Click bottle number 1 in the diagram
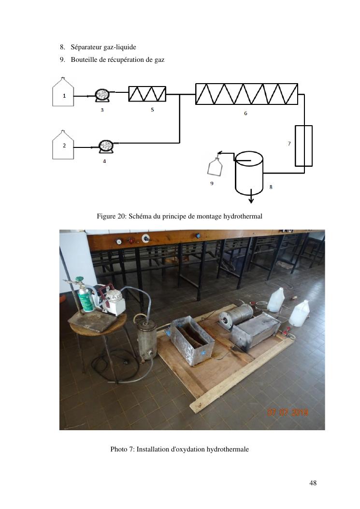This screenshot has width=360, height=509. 63,92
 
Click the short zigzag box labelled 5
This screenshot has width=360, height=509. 147,94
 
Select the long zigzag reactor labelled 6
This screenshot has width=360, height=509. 246,94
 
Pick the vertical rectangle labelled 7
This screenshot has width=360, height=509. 303,146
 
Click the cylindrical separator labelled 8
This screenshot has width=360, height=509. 249,173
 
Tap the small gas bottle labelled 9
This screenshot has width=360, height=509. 215,167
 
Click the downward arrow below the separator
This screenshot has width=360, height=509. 251,196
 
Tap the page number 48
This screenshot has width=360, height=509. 313,483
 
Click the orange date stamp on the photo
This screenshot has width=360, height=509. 288,412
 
